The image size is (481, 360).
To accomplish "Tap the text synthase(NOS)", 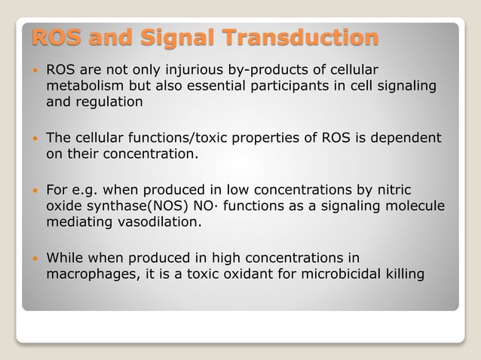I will point(133,206).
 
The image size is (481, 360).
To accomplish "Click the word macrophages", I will point(89,273).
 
